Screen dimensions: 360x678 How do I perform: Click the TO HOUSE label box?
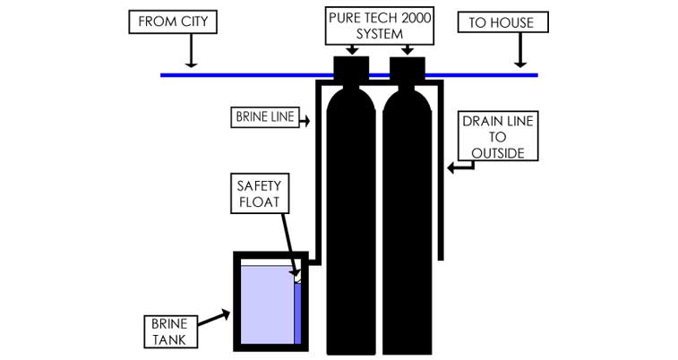502,21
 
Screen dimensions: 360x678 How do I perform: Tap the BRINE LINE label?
263,117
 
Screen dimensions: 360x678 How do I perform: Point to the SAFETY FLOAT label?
259,193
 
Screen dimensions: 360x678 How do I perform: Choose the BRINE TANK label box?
169,330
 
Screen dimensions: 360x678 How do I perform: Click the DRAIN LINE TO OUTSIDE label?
498,137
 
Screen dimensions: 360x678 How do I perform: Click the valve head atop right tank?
407,68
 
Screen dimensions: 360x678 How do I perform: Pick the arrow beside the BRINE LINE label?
305,117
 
